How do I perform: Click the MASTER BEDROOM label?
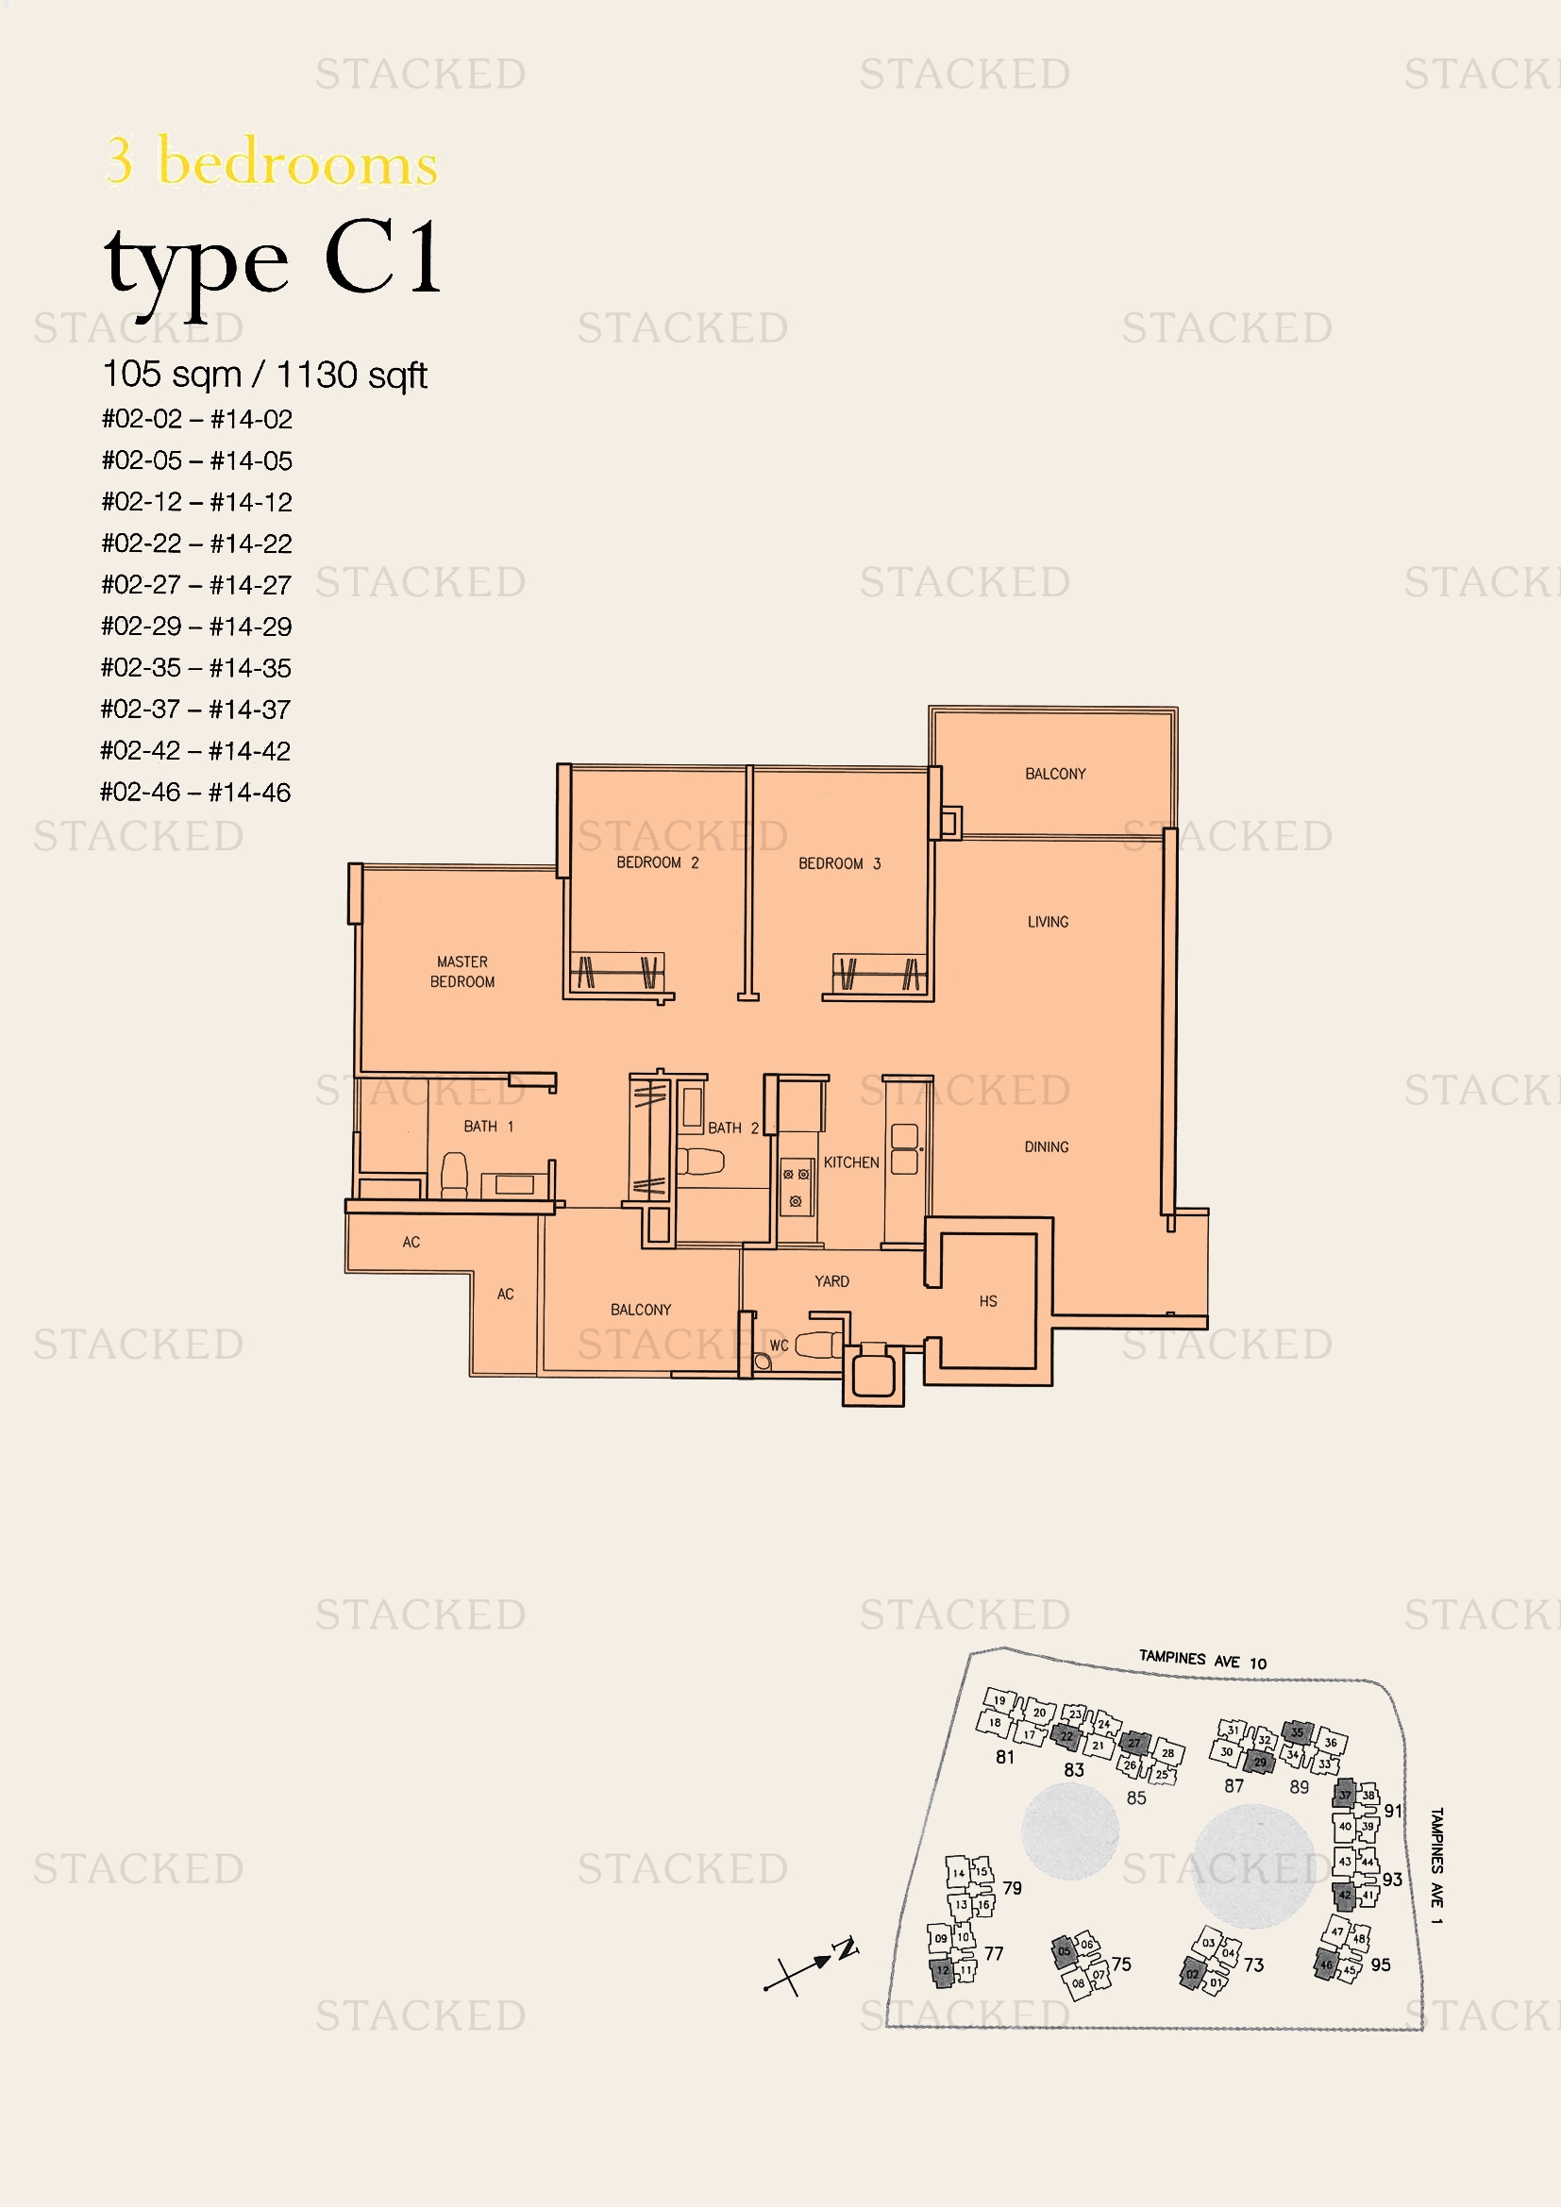462,971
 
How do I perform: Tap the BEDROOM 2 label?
658,862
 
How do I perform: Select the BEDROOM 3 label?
839,863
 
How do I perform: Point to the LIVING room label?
1048,922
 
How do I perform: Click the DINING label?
1046,1146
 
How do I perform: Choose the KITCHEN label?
850,1162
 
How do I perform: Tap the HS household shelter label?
988,1301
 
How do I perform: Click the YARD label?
831,1281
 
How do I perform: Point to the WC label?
779,1346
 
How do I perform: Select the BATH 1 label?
488,1126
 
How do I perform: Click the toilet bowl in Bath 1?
454,1175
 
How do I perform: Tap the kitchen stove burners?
796,1186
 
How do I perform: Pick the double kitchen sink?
903,1149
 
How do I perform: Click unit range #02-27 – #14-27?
196,584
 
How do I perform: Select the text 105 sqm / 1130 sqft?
264,375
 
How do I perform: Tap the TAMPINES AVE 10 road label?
1202,1660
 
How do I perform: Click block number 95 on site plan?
1381,1965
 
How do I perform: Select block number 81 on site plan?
1004,1756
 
